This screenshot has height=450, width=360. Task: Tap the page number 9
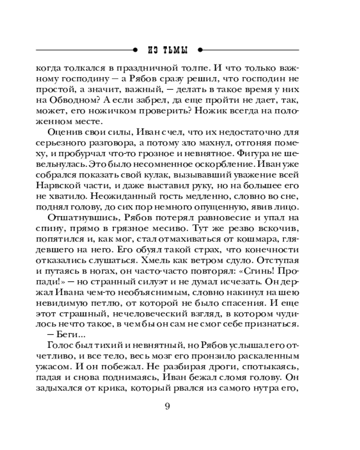(x=167, y=407)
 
